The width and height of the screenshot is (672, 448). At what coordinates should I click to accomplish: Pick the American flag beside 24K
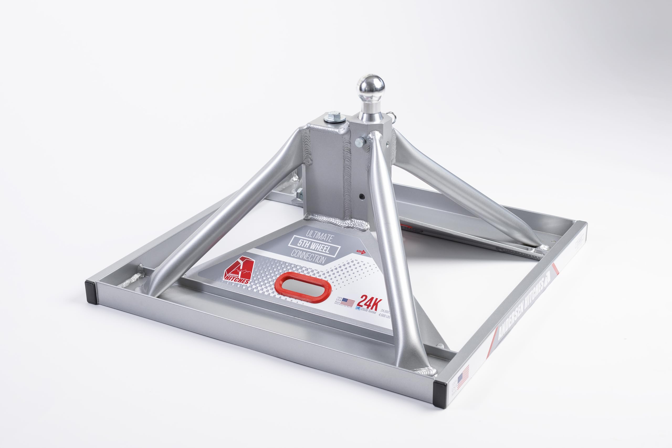point(348,302)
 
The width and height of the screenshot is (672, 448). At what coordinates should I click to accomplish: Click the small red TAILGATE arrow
point(361,251)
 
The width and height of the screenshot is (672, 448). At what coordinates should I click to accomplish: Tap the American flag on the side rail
point(463,375)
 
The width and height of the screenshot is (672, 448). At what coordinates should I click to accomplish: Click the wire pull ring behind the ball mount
point(394,125)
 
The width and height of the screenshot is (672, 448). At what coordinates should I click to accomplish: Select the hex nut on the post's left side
point(300,193)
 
